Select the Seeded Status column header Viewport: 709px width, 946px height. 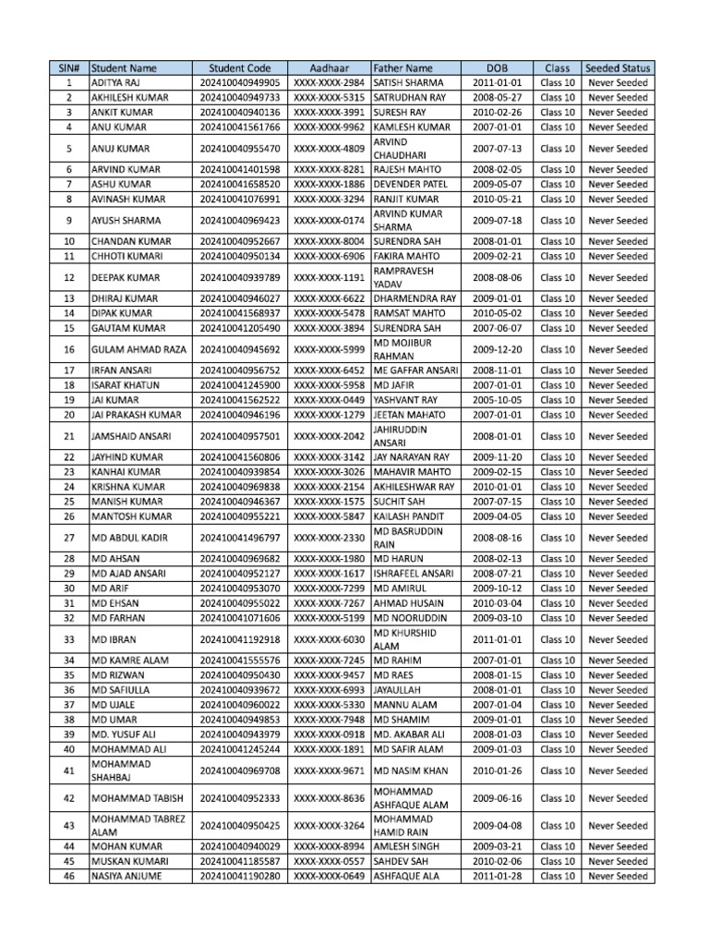[x=618, y=67]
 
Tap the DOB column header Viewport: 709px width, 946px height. [x=497, y=67]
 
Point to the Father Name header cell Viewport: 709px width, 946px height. [x=403, y=67]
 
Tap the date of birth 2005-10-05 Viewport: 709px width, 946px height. [x=497, y=400]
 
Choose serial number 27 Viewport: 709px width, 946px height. [x=69, y=538]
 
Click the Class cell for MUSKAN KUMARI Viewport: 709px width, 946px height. [x=557, y=861]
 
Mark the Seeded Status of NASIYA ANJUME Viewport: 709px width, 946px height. [x=618, y=876]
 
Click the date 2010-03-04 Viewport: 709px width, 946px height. [x=497, y=603]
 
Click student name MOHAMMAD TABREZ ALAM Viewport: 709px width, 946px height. [x=137, y=826]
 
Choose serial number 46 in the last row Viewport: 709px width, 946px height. [x=69, y=876]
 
